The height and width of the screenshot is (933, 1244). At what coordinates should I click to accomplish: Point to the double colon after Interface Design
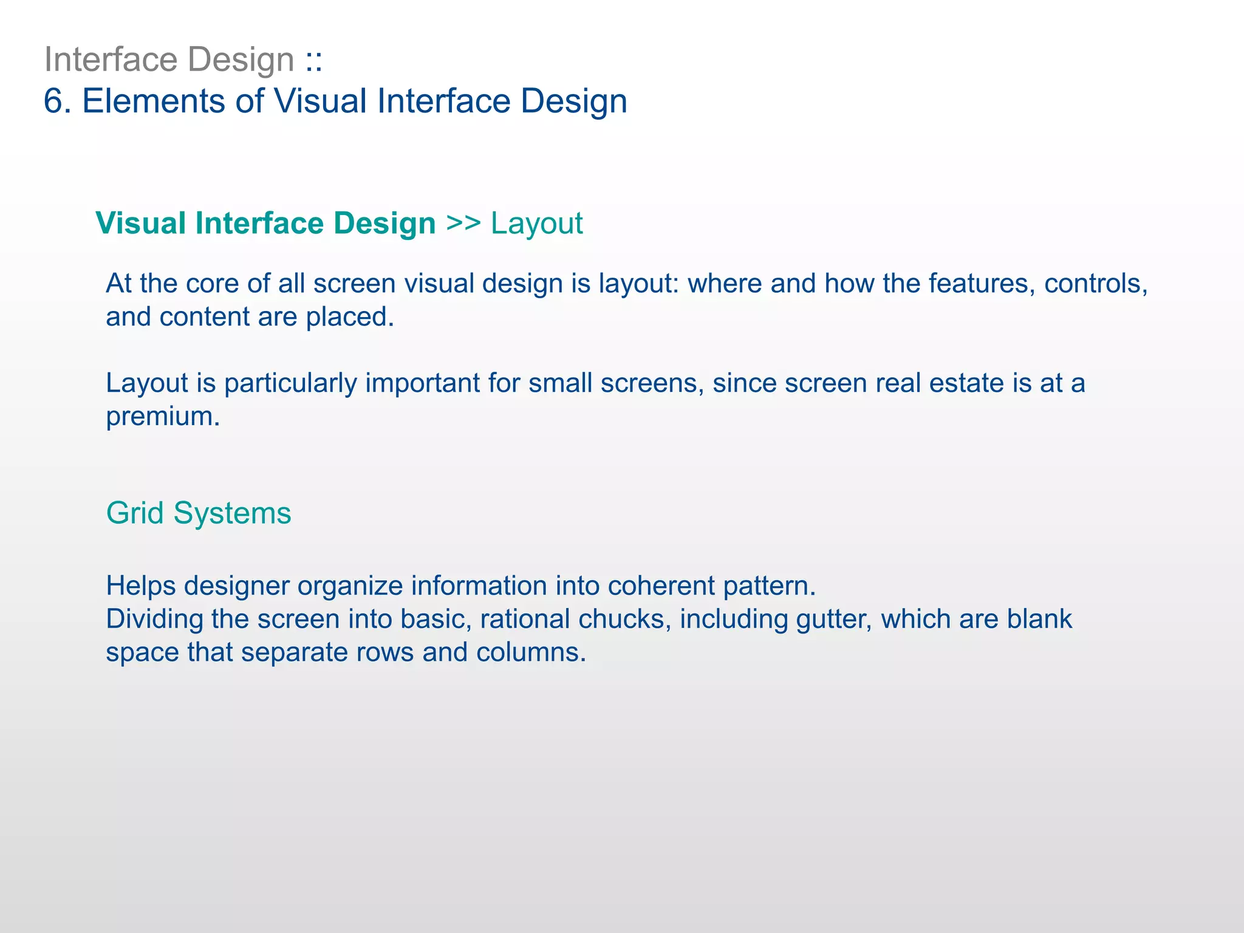point(313,61)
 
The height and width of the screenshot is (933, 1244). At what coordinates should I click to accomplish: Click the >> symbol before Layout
point(463,223)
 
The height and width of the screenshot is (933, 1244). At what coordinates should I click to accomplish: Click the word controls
point(1095,284)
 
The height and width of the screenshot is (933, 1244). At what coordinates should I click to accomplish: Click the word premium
point(162,417)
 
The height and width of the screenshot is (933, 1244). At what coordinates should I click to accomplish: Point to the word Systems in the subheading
point(232,513)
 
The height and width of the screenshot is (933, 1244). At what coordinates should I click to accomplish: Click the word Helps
point(140,586)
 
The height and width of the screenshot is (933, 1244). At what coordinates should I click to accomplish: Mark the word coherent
point(661,586)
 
